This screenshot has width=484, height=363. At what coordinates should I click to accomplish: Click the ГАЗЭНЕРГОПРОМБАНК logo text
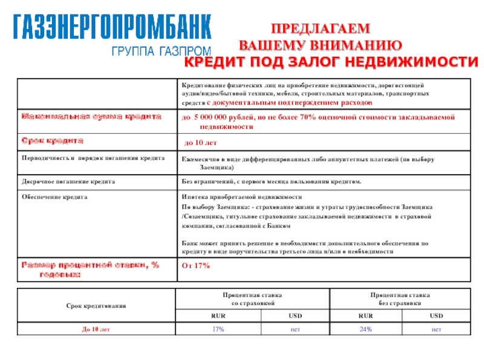113,27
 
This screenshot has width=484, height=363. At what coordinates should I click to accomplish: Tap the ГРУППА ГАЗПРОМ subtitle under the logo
161,52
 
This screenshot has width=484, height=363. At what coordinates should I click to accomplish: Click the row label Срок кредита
51,140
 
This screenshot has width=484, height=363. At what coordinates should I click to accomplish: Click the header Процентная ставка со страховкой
252,297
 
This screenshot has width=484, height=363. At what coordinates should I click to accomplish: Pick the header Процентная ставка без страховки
400,297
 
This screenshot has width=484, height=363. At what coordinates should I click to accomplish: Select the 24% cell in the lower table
365,329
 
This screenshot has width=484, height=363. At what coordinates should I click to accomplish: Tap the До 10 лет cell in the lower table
96,329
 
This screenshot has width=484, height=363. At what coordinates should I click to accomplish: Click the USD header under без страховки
436,315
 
